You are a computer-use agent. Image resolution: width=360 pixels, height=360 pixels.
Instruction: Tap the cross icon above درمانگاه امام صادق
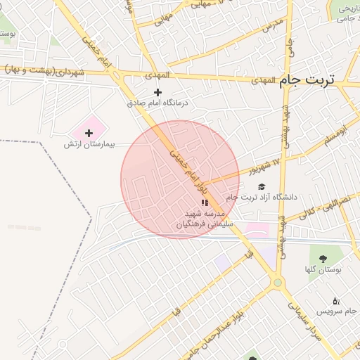pos(157,92)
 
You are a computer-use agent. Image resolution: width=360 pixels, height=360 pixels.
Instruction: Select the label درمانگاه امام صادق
pos(158,103)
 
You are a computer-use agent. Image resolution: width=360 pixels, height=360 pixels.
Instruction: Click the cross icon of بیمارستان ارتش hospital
pos(89,133)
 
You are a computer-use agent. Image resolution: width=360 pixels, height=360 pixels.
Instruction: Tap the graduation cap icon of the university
pos(262,186)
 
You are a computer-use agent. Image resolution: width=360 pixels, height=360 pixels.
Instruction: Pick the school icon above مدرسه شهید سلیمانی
pos(205,202)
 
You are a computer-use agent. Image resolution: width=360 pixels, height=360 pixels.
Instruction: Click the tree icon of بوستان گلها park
pos(323,258)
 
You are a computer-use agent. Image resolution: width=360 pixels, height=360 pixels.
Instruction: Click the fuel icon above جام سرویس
pos(335,300)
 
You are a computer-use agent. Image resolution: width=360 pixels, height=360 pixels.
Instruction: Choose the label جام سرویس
pos(333,310)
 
